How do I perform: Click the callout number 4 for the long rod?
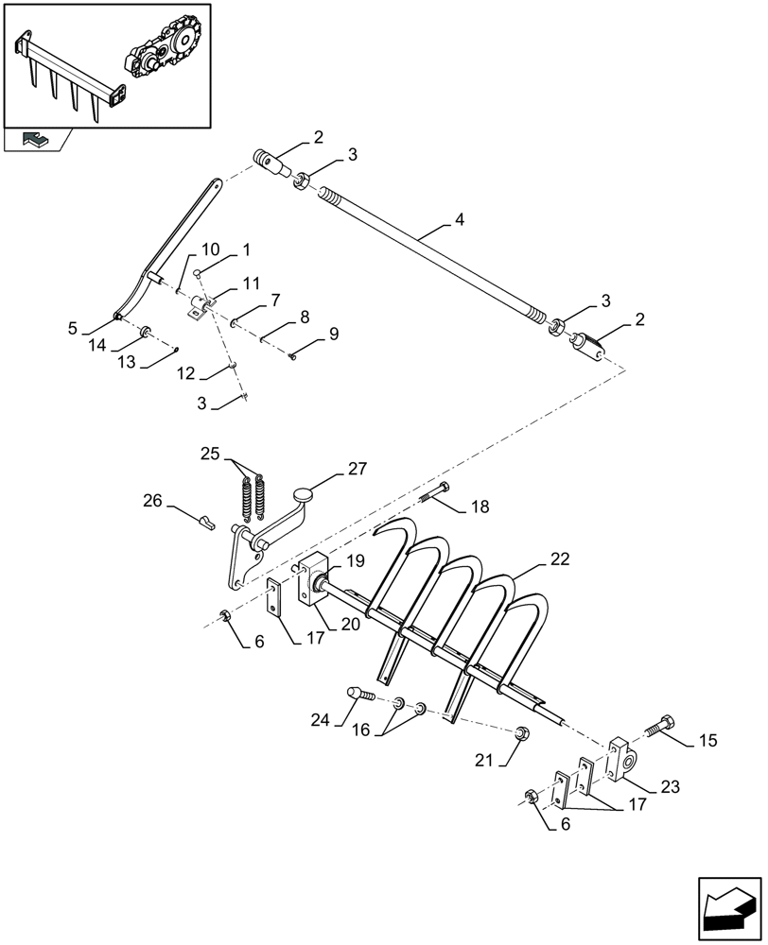pyautogui.click(x=459, y=220)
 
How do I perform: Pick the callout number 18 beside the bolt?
pyautogui.click(x=480, y=507)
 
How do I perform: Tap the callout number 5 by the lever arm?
pyautogui.click(x=72, y=330)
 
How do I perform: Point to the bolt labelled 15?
pyautogui.click(x=658, y=730)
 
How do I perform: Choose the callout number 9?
pyautogui.click(x=333, y=335)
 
